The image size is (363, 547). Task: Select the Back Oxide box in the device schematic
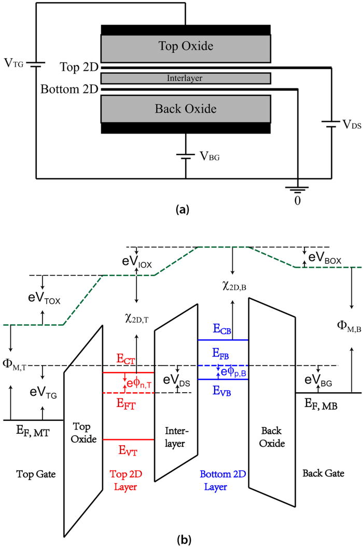[186, 109]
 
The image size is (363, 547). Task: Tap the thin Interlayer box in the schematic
[186, 78]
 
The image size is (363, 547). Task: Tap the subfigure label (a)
[185, 209]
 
